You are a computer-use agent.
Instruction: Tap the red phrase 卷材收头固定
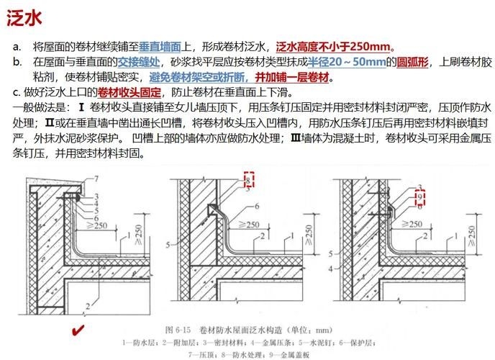pos(124,92)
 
